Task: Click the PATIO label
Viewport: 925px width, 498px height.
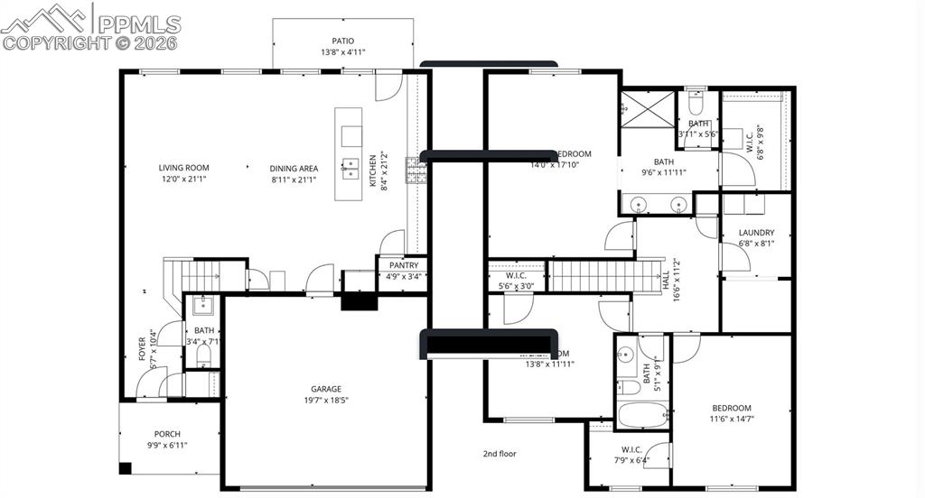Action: tap(342, 41)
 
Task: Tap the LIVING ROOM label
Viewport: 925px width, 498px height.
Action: tap(183, 167)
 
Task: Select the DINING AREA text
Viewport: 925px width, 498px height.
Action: tap(294, 168)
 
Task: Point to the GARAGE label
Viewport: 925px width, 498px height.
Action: tap(326, 389)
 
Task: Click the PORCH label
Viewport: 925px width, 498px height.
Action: tap(167, 434)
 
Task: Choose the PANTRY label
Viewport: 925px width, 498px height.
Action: tap(403, 265)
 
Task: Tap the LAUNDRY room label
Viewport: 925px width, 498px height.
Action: tap(756, 233)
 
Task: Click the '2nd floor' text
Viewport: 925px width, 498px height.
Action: tap(500, 454)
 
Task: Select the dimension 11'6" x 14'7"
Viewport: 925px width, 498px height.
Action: tap(731, 419)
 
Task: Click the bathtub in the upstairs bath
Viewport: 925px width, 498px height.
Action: tap(643, 415)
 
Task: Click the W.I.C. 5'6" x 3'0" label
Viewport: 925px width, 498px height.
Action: tap(516, 281)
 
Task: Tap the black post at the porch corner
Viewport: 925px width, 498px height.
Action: tap(125, 468)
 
